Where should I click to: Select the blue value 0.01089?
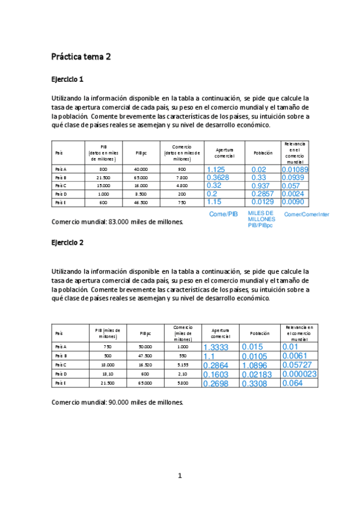tap(295, 170)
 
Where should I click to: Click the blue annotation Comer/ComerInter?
tap(307, 215)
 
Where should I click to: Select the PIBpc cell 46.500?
tap(141, 203)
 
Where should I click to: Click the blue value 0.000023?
tap(299, 374)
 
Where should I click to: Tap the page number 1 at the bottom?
tap(179, 476)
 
